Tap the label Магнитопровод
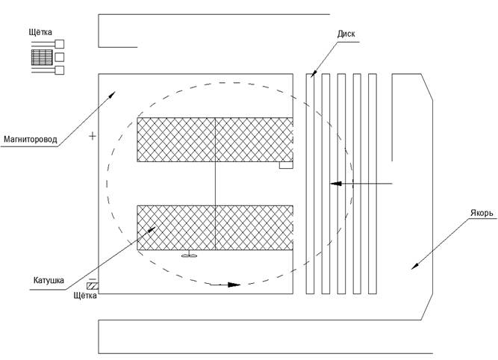[x=34, y=139]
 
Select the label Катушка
[x=49, y=282]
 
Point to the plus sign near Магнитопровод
[x=93, y=136]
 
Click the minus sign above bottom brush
[x=92, y=278]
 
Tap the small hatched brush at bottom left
[x=93, y=286]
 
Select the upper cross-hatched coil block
[x=214, y=140]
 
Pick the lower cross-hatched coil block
[x=214, y=227]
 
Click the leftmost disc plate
[x=310, y=183]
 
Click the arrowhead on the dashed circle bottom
[x=233, y=285]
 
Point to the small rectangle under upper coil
[x=285, y=166]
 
